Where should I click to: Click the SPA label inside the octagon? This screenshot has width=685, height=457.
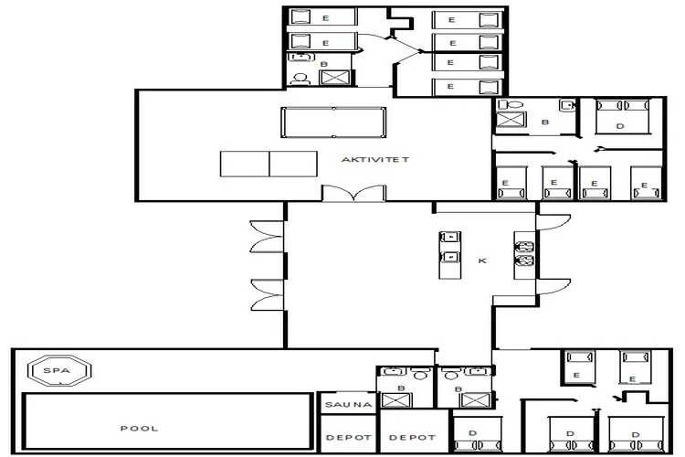pos(57,370)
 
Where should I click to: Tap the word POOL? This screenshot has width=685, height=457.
pos(140,429)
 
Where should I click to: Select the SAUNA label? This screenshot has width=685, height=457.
pos(349,405)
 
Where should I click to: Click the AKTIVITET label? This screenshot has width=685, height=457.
pos(375,160)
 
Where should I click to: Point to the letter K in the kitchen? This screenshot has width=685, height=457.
pos(482,260)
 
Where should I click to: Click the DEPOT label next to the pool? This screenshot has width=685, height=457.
pos(349,437)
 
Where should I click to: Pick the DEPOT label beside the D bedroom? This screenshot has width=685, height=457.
pos(412,437)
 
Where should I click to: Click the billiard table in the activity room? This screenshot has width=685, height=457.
pos(333,122)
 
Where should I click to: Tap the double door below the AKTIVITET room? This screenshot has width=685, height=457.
pos(354,194)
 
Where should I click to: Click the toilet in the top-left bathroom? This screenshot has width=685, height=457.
pos(300,80)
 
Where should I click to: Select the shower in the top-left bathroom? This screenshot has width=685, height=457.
pos(334,78)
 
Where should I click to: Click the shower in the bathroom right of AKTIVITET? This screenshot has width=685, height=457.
pos(511,120)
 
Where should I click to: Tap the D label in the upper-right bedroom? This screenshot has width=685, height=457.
pos(620,126)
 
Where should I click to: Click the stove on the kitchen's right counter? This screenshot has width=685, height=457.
pos(524,254)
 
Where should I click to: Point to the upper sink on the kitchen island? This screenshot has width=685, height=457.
pos(450,237)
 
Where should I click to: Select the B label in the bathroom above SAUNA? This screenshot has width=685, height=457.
pos(401,388)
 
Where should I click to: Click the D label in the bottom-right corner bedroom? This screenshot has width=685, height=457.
pos(636,435)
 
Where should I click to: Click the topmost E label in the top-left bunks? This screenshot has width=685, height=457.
pos(325,18)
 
